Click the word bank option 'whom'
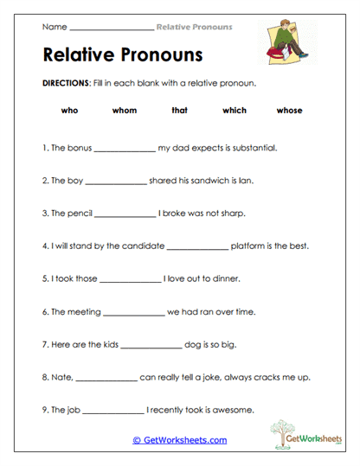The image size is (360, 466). pyautogui.click(x=125, y=111)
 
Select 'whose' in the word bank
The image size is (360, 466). pyautogui.click(x=289, y=111)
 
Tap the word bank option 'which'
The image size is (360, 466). pyautogui.click(x=235, y=111)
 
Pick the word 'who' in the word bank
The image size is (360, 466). pyautogui.click(x=70, y=111)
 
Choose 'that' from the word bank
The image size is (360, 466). pyautogui.click(x=179, y=111)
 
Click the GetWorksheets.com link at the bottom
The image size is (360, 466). pyautogui.click(x=180, y=440)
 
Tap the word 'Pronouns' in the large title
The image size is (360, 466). pyautogui.click(x=161, y=55)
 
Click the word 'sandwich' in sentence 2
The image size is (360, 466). pyautogui.click(x=202, y=181)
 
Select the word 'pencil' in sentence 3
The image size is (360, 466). pyautogui.click(x=78, y=214)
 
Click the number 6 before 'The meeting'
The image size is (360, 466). pyautogui.click(x=44, y=312)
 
